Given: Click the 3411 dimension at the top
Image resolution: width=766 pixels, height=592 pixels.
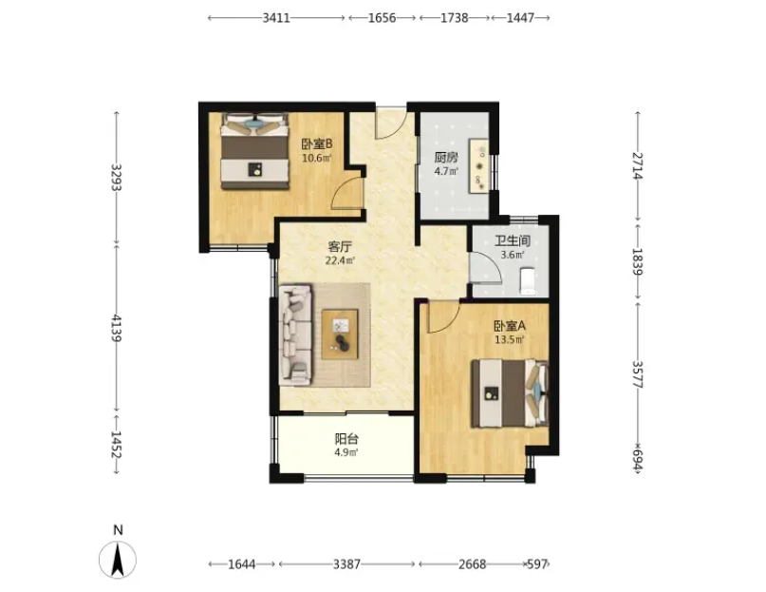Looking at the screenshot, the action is coord(276,18).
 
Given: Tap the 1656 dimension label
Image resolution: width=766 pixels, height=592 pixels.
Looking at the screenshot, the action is coord(382,18).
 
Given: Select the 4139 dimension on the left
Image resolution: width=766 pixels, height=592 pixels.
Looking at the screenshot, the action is coord(116,328).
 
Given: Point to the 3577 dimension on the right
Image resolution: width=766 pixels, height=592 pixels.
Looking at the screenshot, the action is coord(638,374).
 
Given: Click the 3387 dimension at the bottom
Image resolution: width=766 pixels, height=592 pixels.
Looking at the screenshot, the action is coord(346,564).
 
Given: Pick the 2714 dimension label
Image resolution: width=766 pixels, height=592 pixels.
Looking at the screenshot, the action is coord(638,166).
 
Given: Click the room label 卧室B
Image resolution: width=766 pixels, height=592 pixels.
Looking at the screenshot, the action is coord(317,143).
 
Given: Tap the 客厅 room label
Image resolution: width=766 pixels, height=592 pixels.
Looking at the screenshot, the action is coord(340,246).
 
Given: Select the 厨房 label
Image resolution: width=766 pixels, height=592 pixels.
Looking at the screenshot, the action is coord(446,158).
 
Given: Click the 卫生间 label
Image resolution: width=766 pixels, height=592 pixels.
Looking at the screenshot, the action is coord(513,240).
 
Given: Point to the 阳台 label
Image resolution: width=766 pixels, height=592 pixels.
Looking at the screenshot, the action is coord(346,438).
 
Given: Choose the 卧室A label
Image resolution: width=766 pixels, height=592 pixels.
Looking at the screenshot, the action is coord(510,325).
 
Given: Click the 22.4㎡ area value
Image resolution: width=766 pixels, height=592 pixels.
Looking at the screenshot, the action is coord(340,260).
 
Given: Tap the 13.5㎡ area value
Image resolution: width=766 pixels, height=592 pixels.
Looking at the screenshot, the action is coord(510,339).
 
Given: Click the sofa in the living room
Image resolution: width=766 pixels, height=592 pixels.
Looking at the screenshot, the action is coord(295,335).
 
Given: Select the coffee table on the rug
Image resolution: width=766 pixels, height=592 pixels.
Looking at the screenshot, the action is coord(340,334).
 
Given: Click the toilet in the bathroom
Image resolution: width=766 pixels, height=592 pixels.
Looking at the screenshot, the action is coord(528,281).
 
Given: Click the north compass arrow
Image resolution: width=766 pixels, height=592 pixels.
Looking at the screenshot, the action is coord(118,561).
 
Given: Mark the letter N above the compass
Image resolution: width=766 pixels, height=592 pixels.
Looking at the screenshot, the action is coord(118,530).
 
